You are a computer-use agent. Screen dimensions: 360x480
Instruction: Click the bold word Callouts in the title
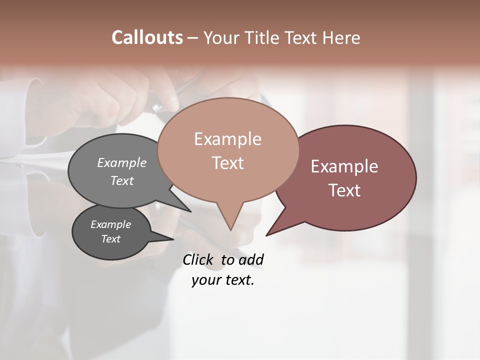(x=147, y=37)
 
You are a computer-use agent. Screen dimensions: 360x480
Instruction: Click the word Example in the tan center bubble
(x=227, y=139)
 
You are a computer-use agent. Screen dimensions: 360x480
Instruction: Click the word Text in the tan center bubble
(x=227, y=163)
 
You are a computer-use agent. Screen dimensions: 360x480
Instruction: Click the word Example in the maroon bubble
(x=344, y=166)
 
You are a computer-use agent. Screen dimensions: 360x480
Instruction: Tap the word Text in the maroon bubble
(x=344, y=190)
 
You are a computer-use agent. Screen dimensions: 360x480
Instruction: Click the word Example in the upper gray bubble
(x=122, y=162)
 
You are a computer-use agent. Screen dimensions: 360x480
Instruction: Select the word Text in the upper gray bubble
(x=122, y=180)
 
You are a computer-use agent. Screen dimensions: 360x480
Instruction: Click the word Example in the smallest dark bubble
(x=110, y=224)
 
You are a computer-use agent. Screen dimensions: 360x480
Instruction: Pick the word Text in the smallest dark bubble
(x=110, y=239)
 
